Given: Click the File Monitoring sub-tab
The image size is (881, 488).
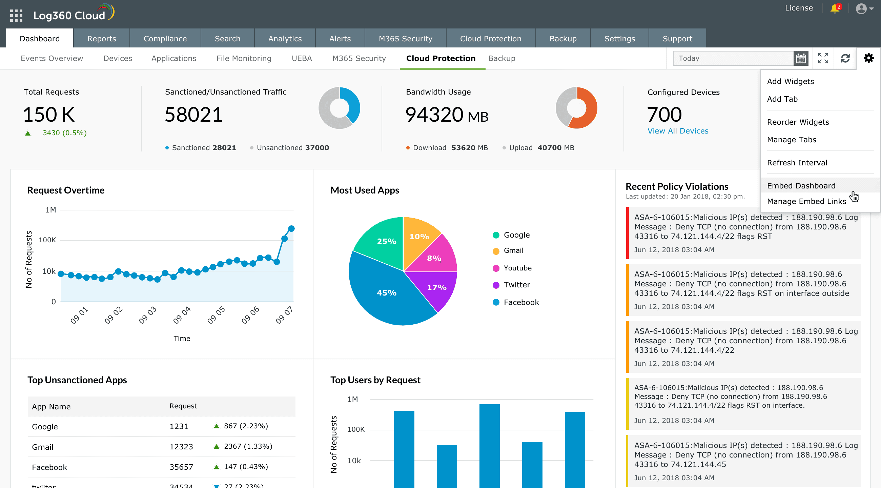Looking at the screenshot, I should (244, 59).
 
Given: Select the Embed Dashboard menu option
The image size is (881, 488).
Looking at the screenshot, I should (801, 186).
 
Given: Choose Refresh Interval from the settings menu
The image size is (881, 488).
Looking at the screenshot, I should (797, 163).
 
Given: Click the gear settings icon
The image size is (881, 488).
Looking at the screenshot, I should (868, 58).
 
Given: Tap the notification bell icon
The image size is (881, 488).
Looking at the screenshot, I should (835, 8).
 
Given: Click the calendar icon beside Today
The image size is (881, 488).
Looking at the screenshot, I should (801, 59).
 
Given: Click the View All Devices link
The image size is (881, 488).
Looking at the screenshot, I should (678, 131).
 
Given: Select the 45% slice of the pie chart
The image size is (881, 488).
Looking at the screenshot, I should (387, 293).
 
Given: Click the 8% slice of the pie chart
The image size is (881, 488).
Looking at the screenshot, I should (434, 258).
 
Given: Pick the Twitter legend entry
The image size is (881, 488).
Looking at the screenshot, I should (516, 285).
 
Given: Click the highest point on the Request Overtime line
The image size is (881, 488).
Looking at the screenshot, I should (291, 228).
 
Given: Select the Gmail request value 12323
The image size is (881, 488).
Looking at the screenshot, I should (181, 447).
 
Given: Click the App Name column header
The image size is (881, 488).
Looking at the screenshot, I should (51, 407).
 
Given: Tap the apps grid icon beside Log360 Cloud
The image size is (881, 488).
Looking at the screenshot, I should (16, 15).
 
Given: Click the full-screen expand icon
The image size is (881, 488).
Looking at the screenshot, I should (823, 58).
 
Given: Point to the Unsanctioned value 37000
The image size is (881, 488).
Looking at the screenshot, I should (317, 148).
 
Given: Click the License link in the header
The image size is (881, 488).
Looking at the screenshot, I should (799, 8).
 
